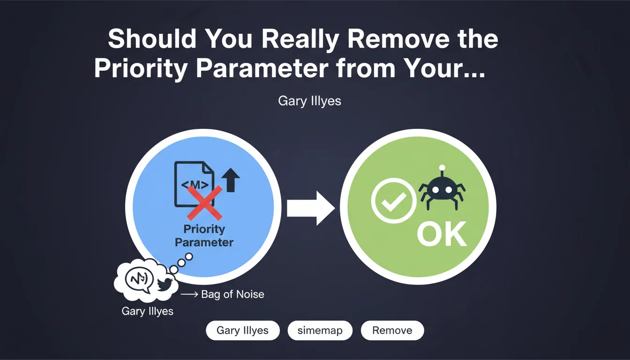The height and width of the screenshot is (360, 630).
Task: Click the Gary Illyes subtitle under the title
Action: pos(309,101)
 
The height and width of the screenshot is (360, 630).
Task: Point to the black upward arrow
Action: pos(231,180)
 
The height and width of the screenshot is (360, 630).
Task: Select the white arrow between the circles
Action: pos(311,208)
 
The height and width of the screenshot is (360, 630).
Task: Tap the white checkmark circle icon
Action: pos(394,201)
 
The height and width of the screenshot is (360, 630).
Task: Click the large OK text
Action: pos(442,234)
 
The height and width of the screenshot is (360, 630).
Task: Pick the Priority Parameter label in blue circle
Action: pos(204,236)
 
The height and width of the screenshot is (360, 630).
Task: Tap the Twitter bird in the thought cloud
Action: pos(165,284)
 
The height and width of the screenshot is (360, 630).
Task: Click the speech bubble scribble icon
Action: pos(139,280)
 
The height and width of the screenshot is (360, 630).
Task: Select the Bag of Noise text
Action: pos(232,294)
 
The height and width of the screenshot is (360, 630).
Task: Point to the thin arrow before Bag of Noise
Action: pos(189,294)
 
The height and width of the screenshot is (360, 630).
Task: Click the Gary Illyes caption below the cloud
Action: pos(147,311)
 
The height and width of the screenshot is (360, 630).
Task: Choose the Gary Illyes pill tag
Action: pos(243,330)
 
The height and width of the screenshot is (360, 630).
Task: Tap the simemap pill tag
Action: pos(320,330)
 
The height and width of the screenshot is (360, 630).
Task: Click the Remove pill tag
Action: pos(392,330)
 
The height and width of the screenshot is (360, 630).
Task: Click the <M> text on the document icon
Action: pos(195,185)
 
